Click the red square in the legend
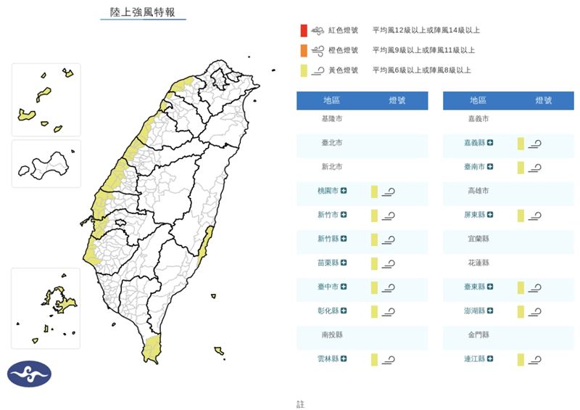[304, 30]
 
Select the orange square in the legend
[304, 50]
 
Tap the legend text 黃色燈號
[344, 70]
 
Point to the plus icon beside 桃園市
[344, 191]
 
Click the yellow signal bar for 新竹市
[374, 215]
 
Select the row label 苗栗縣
[328, 263]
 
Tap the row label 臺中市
[328, 287]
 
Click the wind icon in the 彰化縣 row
[389, 311]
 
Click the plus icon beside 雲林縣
[344, 358]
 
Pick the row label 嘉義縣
[475, 143]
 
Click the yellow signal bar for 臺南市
[521, 167]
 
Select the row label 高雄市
[478, 191]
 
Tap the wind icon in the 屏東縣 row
[535, 216]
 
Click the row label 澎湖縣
[475, 311]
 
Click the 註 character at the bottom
[300, 403]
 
